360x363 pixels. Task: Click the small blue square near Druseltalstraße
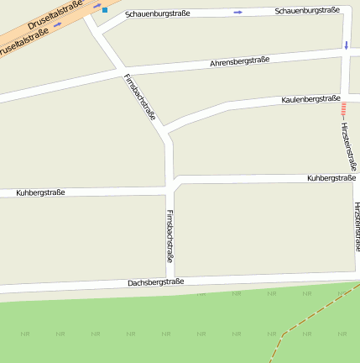[x=105, y=10]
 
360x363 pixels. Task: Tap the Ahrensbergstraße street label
[x=239, y=61]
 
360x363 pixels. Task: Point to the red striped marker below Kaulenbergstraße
[x=342, y=108]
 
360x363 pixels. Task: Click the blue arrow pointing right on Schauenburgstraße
[x=238, y=12]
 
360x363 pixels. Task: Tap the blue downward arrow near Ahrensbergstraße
[x=346, y=44]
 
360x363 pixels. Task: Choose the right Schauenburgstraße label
[x=307, y=10]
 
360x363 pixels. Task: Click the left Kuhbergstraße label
[x=40, y=193]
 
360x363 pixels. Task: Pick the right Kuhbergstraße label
[x=331, y=178]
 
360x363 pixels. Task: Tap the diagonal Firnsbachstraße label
[x=140, y=98]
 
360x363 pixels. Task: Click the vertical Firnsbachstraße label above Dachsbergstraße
[x=170, y=236]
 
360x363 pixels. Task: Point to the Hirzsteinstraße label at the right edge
[x=357, y=227]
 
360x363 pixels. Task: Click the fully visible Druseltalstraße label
[x=55, y=16]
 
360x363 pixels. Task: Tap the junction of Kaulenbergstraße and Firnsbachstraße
[x=164, y=129]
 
